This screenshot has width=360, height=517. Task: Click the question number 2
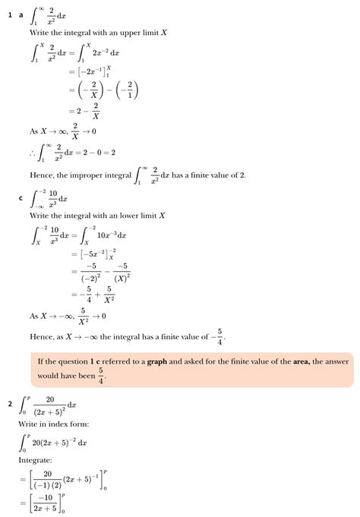click(10, 403)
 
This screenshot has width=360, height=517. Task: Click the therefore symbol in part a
click(33, 153)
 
